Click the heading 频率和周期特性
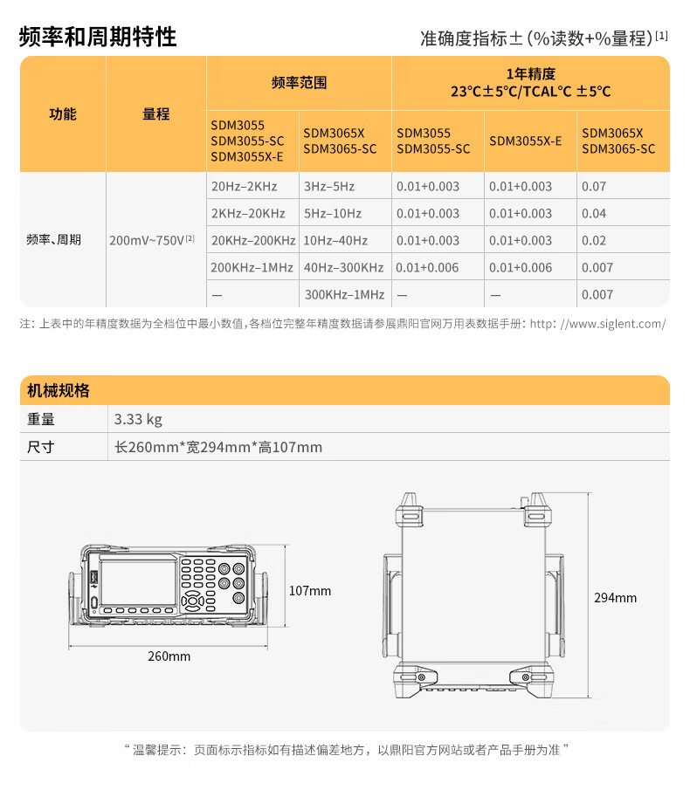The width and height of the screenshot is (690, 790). [98, 37]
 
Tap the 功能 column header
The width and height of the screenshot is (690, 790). [63, 114]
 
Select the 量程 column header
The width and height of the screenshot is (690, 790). [156, 114]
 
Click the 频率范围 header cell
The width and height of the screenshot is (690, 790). [299, 83]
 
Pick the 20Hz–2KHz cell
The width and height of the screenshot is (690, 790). [244, 187]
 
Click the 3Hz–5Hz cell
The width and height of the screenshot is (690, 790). [329, 187]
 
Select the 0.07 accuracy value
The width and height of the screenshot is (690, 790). [594, 187]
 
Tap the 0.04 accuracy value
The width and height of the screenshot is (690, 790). [594, 214]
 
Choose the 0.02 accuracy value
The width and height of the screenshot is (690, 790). [594, 241]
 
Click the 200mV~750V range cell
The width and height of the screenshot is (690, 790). [152, 240]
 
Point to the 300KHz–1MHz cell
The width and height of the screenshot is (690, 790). [345, 295]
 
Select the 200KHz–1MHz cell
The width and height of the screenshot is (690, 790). [252, 267]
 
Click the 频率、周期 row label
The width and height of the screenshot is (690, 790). [54, 240]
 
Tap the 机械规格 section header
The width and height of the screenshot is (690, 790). [59, 390]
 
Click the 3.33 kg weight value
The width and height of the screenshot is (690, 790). [138, 419]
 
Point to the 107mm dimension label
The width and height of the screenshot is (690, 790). [310, 591]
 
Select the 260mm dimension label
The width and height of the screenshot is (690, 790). [169, 656]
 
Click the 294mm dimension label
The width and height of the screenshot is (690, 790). [616, 598]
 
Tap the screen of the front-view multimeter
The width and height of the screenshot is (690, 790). [139, 582]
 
